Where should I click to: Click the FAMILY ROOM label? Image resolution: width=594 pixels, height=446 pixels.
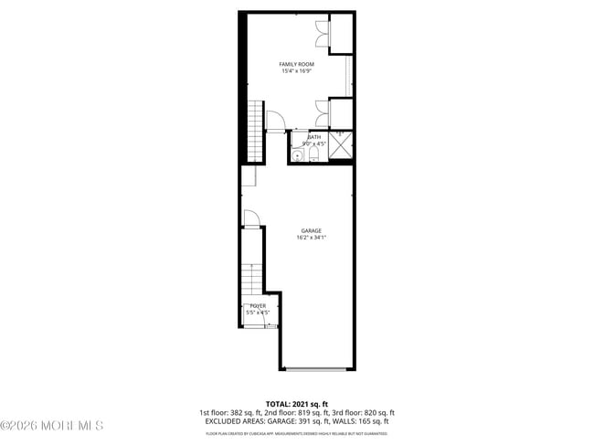(296, 64)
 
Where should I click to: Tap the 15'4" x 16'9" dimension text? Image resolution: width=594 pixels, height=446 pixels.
(296, 70)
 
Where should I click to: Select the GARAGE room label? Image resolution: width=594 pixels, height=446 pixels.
(311, 230)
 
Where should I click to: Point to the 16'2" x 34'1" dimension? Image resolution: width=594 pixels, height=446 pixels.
(311, 238)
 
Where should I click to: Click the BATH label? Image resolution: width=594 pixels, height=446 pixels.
(314, 137)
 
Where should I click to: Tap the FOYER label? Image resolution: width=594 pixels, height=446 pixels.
(258, 306)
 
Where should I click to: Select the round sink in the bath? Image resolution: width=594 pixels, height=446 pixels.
(297, 155)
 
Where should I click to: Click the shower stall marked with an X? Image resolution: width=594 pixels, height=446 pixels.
(341, 144)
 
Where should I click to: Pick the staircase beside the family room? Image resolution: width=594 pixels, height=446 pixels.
(254, 130)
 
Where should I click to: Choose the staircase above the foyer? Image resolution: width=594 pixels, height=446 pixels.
(253, 277)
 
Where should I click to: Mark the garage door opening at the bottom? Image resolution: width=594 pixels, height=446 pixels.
(315, 368)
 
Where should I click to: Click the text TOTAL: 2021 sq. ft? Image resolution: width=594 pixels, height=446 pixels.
(297, 403)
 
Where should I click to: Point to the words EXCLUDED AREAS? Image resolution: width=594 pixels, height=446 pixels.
(241, 421)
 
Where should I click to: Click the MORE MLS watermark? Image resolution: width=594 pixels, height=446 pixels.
(52, 426)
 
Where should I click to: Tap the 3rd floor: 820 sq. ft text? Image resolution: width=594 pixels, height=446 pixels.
(363, 412)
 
